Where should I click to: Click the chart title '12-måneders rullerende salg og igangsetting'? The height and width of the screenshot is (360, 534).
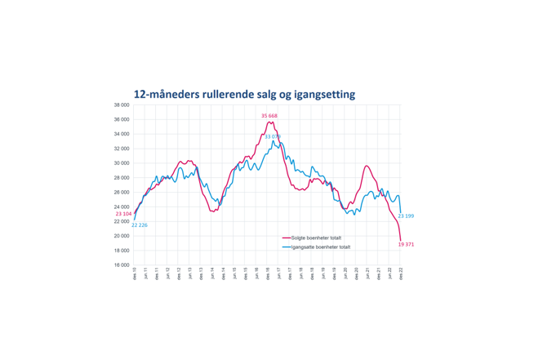click(244, 95)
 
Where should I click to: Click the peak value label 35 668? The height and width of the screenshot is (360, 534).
click(269, 116)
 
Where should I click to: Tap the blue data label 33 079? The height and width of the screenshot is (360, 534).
click(273, 136)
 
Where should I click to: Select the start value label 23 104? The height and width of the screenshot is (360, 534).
click(123, 214)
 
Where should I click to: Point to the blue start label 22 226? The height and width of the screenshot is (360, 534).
click(139, 224)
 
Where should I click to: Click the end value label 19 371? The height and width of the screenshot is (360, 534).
click(406, 244)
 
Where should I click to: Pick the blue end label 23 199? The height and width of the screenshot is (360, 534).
click(406, 216)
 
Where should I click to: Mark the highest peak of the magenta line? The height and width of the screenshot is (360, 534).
click(269, 122)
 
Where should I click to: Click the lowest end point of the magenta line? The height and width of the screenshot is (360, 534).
click(400, 240)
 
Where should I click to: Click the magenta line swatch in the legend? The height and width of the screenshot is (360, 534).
click(286, 238)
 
